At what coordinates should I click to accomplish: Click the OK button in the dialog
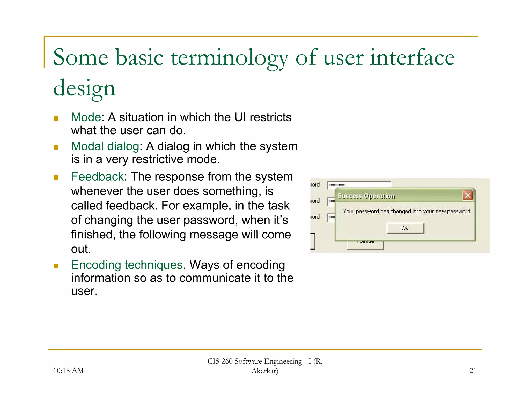[405, 228]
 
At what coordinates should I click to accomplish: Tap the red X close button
[468, 195]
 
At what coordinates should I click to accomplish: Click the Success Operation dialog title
[366, 196]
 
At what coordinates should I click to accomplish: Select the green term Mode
[86, 117]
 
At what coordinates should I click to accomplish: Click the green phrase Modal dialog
[105, 146]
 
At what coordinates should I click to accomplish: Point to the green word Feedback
[98, 177]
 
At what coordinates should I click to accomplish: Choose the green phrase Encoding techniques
[127, 265]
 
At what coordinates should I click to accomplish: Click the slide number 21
[473, 371]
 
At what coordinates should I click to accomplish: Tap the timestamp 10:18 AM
[68, 371]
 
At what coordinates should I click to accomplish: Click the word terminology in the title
[229, 58]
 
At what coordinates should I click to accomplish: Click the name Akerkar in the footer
[264, 371]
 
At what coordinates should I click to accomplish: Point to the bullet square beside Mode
[56, 118]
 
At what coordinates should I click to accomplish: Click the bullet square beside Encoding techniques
[56, 266]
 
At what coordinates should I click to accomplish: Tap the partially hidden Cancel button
[365, 245]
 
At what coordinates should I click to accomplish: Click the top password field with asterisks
[359, 185]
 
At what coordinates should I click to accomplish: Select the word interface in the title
[412, 58]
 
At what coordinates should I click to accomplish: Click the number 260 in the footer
[227, 361]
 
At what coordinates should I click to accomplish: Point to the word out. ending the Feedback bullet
[81, 249]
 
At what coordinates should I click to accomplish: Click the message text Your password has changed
[406, 211]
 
